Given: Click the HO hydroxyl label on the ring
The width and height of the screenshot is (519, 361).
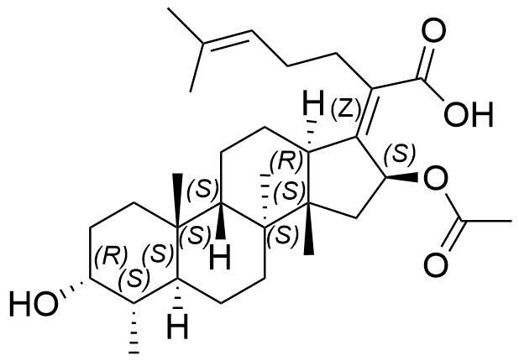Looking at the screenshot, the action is [x=33, y=303].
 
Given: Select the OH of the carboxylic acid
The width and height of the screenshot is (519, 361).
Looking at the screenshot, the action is [x=469, y=114].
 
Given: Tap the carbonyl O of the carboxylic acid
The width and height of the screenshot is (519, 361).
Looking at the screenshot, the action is [x=433, y=30].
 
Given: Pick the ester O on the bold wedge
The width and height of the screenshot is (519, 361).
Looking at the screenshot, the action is [x=435, y=178].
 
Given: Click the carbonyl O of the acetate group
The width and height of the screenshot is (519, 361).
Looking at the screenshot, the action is [x=436, y=265].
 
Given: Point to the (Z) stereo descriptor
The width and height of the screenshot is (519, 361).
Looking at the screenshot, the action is [x=345, y=109].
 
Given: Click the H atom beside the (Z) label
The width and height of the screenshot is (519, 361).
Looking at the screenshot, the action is [x=313, y=102].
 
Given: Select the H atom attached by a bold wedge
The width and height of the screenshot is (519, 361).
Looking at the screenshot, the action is [x=220, y=259].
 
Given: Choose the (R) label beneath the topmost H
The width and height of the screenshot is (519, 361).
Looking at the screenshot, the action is [x=286, y=161].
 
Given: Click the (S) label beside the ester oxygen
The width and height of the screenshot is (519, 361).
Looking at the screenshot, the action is [x=400, y=154].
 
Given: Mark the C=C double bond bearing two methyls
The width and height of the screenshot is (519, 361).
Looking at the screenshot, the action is [x=227, y=39].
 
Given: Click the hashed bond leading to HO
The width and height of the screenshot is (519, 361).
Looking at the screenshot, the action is [x=71, y=289].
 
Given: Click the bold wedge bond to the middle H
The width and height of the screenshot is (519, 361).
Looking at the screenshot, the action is [x=220, y=220].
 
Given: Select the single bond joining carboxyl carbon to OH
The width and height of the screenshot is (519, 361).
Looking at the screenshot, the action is [x=432, y=89].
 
